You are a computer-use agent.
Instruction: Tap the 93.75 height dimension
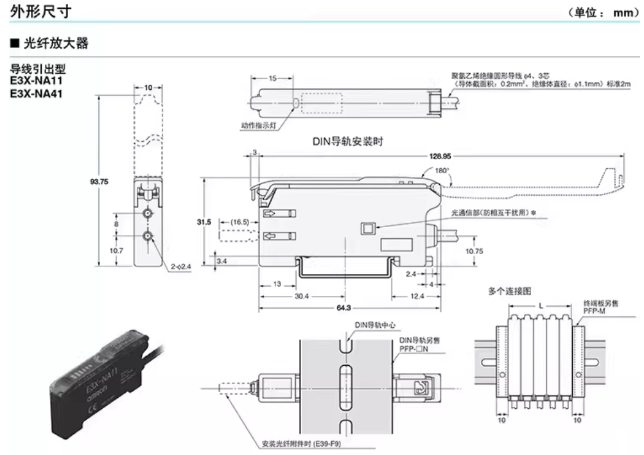98,182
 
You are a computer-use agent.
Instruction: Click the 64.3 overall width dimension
344,308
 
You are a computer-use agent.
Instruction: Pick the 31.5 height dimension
204,221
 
